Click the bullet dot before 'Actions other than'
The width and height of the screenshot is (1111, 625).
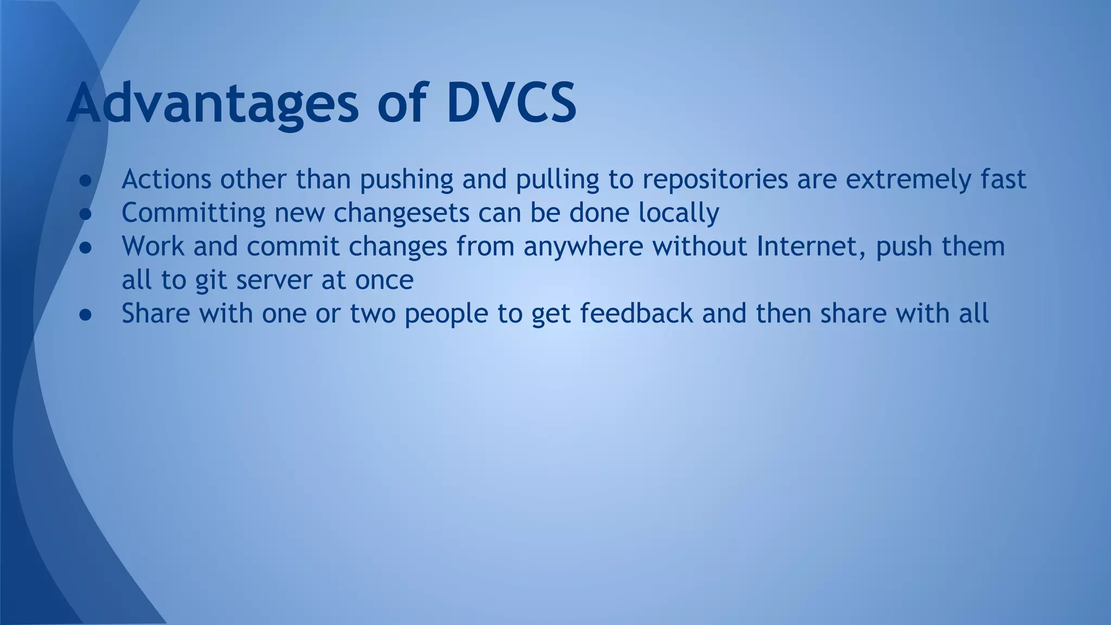(x=86, y=180)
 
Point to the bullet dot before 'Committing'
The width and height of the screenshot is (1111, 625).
(x=86, y=214)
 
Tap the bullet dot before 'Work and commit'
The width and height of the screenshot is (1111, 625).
(x=86, y=247)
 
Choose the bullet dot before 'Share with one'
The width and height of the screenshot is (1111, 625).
(x=86, y=315)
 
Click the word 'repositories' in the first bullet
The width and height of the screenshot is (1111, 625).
(x=715, y=179)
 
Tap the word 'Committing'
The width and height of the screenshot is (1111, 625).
(x=193, y=213)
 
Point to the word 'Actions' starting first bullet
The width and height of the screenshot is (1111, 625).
(x=166, y=179)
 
